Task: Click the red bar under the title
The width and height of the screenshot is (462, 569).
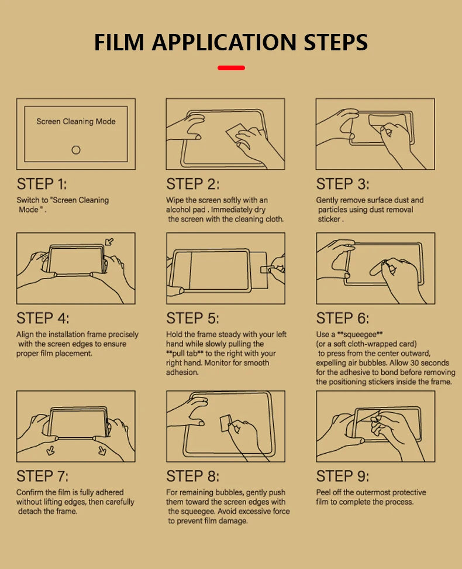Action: pos(231,68)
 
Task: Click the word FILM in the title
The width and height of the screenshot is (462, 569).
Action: pos(119,43)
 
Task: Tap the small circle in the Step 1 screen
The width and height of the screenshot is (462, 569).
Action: pos(76,150)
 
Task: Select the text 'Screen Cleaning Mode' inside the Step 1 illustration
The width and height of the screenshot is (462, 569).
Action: pos(76,122)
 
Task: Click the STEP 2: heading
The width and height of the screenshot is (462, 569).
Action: pos(192,184)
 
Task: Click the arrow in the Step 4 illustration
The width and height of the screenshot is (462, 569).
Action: pos(109,242)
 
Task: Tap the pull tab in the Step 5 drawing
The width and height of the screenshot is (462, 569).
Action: pos(266,269)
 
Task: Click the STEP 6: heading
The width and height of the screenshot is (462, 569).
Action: pos(343,318)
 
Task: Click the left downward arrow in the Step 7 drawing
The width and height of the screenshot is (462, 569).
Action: pos(51,451)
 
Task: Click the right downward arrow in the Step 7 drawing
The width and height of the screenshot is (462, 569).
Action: pos(102,451)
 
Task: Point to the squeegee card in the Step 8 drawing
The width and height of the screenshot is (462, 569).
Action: pos(226,423)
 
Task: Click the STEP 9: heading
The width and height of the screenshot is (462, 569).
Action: pos(343,476)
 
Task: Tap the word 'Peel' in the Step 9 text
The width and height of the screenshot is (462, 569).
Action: pos(323,492)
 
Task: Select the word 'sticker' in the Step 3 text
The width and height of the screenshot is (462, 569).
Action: pos(329,219)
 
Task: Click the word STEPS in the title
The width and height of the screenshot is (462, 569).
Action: pos(336,43)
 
